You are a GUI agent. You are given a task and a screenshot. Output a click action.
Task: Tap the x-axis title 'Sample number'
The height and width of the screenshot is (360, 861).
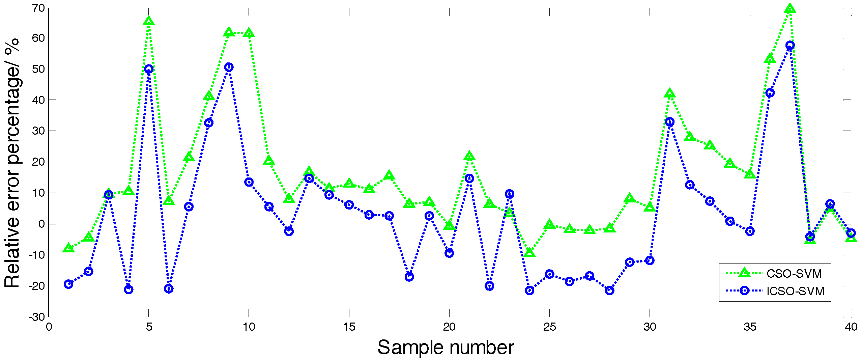(446, 348)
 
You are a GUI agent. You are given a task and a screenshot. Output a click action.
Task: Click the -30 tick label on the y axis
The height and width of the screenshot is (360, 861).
(37, 317)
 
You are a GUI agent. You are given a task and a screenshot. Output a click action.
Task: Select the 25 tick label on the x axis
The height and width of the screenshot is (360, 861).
(549, 327)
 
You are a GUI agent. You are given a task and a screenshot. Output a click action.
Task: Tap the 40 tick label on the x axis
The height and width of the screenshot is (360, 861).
(851, 327)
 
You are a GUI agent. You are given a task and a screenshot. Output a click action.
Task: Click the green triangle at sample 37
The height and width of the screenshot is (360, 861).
(790, 8)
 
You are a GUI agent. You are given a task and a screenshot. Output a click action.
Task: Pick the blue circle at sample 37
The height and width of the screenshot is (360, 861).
(790, 45)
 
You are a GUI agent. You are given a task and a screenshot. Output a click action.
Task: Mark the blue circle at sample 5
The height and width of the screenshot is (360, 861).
(149, 69)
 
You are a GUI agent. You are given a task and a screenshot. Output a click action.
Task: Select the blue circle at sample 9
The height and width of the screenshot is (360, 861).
(229, 67)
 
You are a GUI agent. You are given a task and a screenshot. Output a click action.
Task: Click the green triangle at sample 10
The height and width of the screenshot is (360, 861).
(249, 33)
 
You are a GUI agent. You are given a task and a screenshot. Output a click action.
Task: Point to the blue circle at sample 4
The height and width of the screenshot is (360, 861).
(128, 289)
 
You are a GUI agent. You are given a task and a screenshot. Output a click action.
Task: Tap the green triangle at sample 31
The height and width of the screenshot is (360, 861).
(670, 93)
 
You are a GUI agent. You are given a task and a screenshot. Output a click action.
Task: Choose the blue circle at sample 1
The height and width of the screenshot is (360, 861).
(68, 284)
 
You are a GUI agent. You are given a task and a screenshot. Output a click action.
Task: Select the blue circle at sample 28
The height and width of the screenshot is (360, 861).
(609, 290)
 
